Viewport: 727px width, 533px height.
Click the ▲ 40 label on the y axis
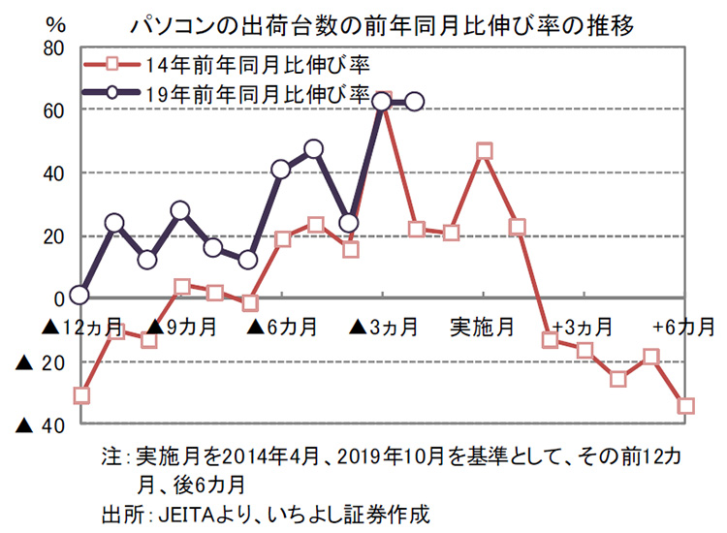[x=39, y=423]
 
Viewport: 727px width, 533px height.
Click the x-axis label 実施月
[x=482, y=327]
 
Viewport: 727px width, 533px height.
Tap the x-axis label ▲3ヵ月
[x=384, y=327]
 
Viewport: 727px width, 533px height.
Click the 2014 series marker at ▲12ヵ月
[x=81, y=395]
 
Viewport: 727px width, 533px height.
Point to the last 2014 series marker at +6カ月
[x=686, y=406]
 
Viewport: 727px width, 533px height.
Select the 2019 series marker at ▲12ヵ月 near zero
[x=80, y=296]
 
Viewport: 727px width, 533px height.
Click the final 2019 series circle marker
[x=415, y=102]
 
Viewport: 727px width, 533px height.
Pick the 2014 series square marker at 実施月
[x=485, y=151]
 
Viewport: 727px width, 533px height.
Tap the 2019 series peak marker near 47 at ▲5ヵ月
[x=313, y=149]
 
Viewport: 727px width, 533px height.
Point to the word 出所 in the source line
[x=119, y=512]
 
